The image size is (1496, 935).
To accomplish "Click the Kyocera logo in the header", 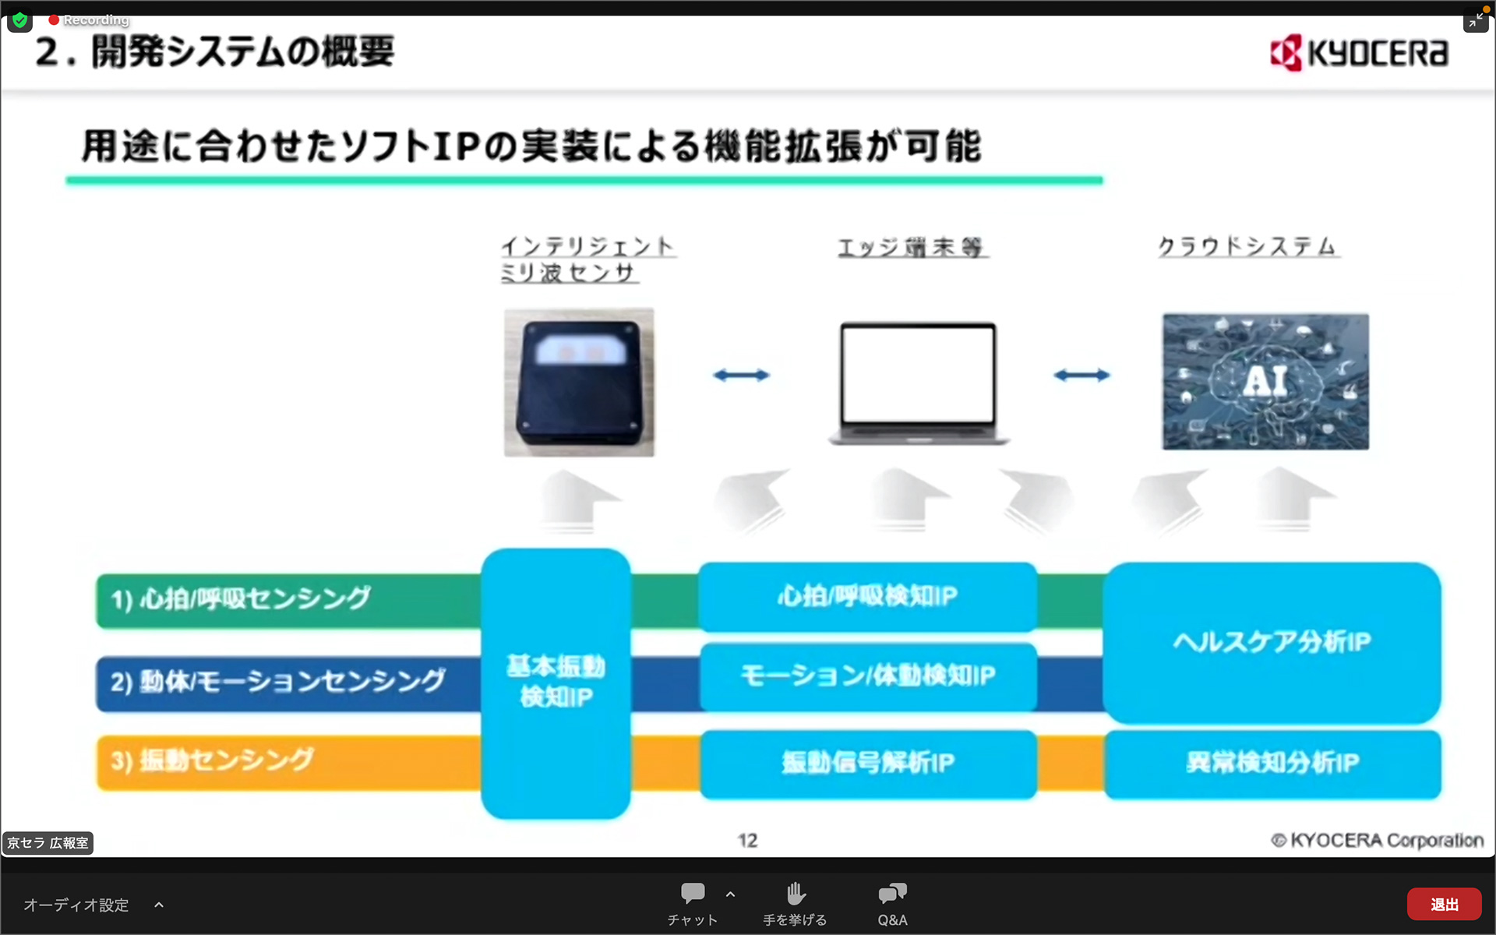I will pyautogui.click(x=1359, y=53).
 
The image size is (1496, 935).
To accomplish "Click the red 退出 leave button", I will pyautogui.click(x=1444, y=905).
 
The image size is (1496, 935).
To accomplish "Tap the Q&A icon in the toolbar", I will pyautogui.click(x=892, y=894).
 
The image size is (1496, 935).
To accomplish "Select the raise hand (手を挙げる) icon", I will pyautogui.click(x=795, y=894).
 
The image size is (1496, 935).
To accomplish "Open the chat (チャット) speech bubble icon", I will pyautogui.click(x=692, y=894).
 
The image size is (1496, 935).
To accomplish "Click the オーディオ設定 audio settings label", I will pyautogui.click(x=76, y=905).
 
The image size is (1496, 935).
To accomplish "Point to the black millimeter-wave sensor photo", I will pyautogui.click(x=579, y=383).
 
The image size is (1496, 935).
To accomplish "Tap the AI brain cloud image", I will pyautogui.click(x=1265, y=382).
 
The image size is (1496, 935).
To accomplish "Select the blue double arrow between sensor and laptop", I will pyautogui.click(x=741, y=376).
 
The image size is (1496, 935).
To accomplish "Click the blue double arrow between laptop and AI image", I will pyautogui.click(x=1081, y=376).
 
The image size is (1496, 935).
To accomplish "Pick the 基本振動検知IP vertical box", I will pyautogui.click(x=556, y=683).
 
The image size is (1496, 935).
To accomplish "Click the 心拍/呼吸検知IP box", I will pyautogui.click(x=867, y=597).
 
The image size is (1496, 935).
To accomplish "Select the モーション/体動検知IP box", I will pyautogui.click(x=867, y=676).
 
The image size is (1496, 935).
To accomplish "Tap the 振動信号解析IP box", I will pyautogui.click(x=867, y=763).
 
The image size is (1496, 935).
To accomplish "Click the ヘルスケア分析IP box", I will pyautogui.click(x=1272, y=642).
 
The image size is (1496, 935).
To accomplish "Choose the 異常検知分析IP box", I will pyautogui.click(x=1272, y=763).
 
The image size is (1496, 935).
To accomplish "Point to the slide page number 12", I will pyautogui.click(x=747, y=841).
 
